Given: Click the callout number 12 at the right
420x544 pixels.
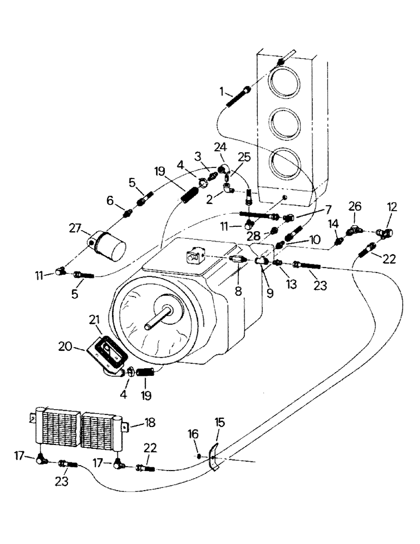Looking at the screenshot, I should [x=392, y=207].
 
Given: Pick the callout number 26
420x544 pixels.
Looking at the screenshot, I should [x=354, y=207].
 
